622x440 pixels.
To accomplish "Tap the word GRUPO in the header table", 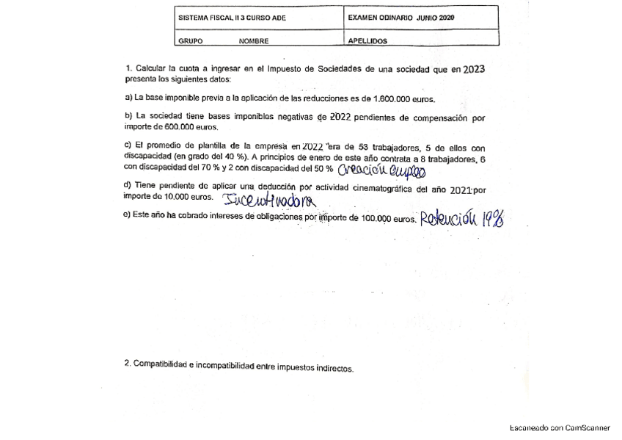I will click(x=191, y=42).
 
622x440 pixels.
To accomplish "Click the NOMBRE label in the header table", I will click(x=254, y=42).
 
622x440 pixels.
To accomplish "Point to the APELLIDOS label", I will click(x=367, y=42).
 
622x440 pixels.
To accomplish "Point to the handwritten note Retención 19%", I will click(x=461, y=218).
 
